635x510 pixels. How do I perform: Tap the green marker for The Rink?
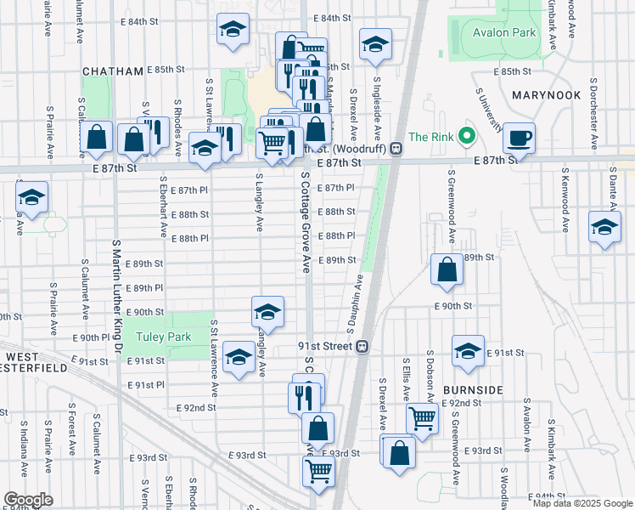(x=465, y=136)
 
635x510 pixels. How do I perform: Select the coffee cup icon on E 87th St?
(x=518, y=137)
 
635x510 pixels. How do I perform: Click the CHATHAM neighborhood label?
(x=112, y=71)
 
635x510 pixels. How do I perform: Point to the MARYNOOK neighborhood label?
(x=547, y=96)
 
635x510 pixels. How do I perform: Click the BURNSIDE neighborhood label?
(x=474, y=389)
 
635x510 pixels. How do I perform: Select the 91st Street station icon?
(x=362, y=347)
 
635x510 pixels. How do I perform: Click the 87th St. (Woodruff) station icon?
(x=396, y=148)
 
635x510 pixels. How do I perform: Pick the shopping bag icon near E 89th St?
(x=447, y=269)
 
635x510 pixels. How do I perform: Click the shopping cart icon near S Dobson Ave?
(x=423, y=417)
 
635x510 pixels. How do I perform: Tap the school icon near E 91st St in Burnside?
(x=468, y=352)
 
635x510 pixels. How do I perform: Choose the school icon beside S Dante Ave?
(x=604, y=229)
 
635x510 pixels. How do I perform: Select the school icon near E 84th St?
(x=233, y=31)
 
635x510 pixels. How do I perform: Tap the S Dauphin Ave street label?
(x=351, y=302)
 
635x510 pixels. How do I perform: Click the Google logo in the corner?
(x=28, y=500)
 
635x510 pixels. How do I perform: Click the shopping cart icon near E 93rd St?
(x=318, y=470)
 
